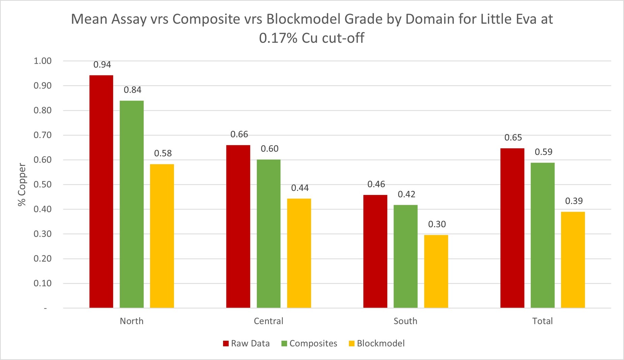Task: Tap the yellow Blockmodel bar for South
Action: (436, 271)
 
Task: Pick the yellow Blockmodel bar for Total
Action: (573, 260)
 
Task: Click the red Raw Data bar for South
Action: (375, 251)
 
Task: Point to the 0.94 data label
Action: (102, 65)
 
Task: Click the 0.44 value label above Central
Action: (300, 188)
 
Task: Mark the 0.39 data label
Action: (574, 201)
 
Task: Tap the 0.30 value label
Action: (437, 224)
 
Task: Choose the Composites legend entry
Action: (309, 343)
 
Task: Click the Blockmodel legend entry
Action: (377, 343)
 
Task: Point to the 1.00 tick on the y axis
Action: (42, 61)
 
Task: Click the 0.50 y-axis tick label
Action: (42, 185)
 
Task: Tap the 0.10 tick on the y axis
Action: (42, 283)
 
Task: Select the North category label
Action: (131, 321)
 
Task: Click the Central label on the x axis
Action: (268, 321)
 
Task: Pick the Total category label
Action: (542, 321)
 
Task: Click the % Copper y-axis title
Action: (22, 185)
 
